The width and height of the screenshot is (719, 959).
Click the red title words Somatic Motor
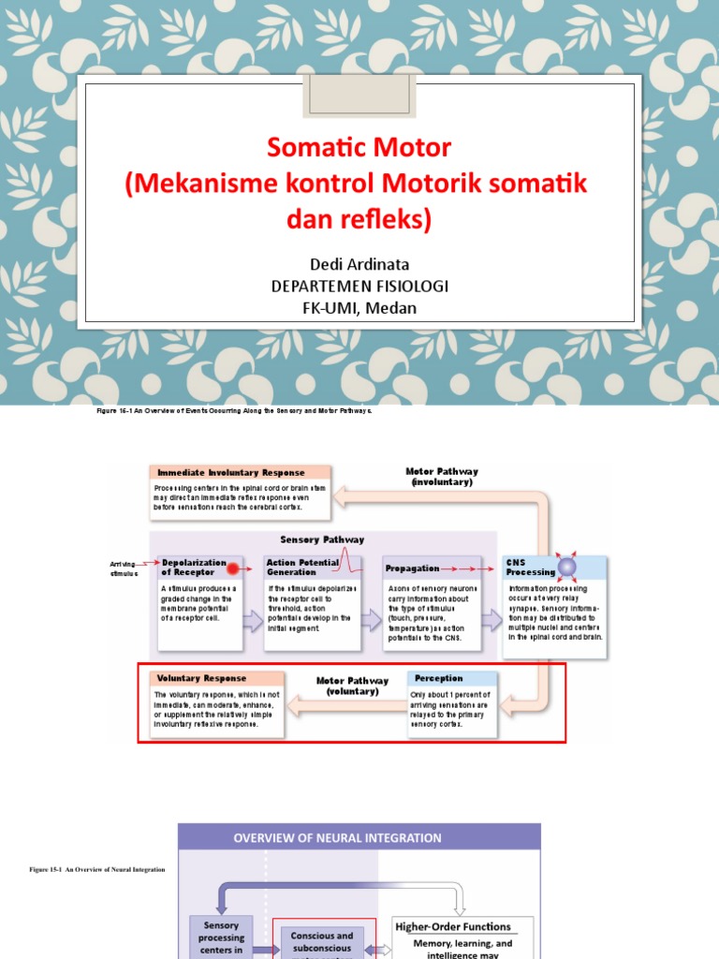tap(359, 147)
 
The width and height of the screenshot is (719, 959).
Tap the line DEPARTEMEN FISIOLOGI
tap(359, 285)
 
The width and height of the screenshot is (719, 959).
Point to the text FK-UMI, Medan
tap(359, 307)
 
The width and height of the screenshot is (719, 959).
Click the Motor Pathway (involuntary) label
tap(441, 477)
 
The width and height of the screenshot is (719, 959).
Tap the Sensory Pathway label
tap(322, 539)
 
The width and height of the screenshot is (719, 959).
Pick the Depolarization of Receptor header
tap(189, 567)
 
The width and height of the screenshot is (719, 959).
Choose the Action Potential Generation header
tap(302, 567)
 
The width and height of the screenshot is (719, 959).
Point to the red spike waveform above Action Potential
tap(348, 559)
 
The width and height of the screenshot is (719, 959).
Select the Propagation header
tap(412, 568)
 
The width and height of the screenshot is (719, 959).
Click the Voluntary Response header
tap(202, 678)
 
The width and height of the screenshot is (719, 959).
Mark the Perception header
tap(438, 678)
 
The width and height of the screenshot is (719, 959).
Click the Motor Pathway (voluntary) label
tap(346, 686)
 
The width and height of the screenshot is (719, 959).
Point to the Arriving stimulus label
tap(124, 568)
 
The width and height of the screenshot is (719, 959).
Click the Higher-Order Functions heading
tap(452, 926)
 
